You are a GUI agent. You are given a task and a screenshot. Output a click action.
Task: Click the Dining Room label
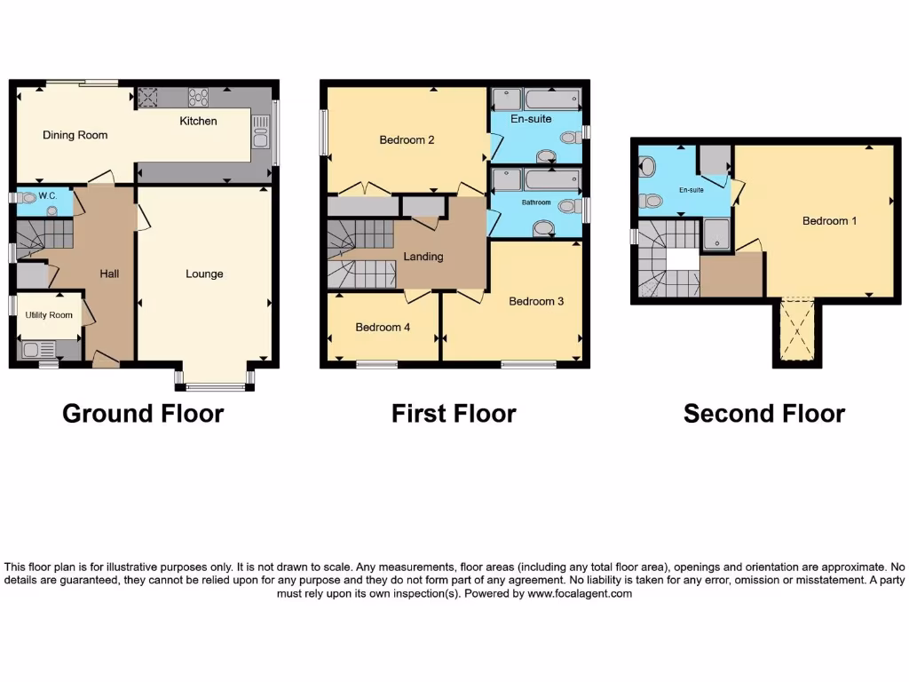(x=75, y=135)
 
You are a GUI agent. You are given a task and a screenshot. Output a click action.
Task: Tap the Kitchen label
(x=198, y=121)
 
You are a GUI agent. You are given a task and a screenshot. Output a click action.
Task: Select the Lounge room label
(x=204, y=274)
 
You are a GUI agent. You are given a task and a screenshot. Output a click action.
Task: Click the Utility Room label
(x=49, y=315)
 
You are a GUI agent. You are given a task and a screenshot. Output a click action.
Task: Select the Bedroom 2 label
(x=407, y=139)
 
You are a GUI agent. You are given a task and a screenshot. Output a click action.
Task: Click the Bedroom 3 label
(x=536, y=301)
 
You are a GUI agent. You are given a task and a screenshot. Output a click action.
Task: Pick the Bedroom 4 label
(x=383, y=327)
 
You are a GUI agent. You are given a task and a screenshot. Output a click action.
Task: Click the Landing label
(x=423, y=257)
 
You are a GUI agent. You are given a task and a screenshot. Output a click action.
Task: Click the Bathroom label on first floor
(x=536, y=202)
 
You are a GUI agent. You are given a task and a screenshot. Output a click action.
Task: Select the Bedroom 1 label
(x=829, y=220)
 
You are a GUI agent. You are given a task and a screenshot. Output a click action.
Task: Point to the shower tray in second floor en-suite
(x=716, y=235)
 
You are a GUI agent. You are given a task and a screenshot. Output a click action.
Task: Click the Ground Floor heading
(x=143, y=413)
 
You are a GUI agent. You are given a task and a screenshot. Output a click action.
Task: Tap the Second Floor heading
(x=763, y=413)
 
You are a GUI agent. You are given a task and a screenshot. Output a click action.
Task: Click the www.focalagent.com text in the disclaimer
(x=579, y=594)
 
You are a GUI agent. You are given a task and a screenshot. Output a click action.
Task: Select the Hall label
(x=109, y=274)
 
